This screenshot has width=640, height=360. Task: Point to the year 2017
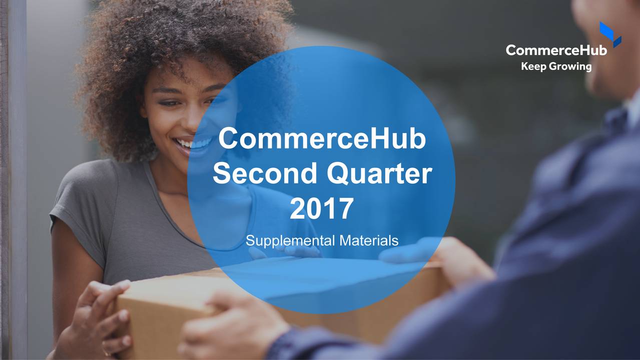[321, 209]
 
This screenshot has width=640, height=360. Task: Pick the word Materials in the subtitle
[368, 241]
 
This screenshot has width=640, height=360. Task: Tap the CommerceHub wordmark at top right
[556, 50]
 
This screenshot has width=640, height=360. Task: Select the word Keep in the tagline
[533, 66]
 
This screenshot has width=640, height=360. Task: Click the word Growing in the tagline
[570, 66]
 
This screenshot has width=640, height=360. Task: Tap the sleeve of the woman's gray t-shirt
[75, 210]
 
